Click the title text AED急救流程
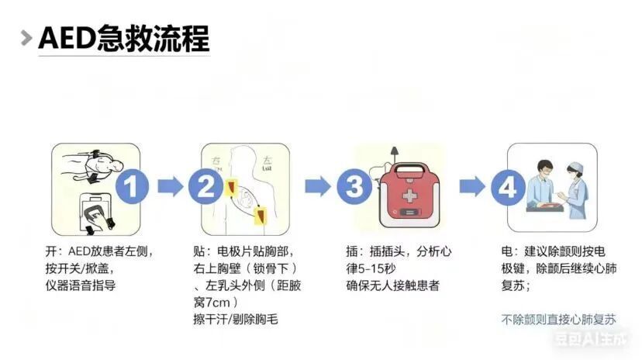124,36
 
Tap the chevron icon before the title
27,37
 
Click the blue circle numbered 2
205,186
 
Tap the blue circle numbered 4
507,186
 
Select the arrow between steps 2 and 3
317,186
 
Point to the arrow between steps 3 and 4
471,186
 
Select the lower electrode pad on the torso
262,212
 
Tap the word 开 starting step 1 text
51,251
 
